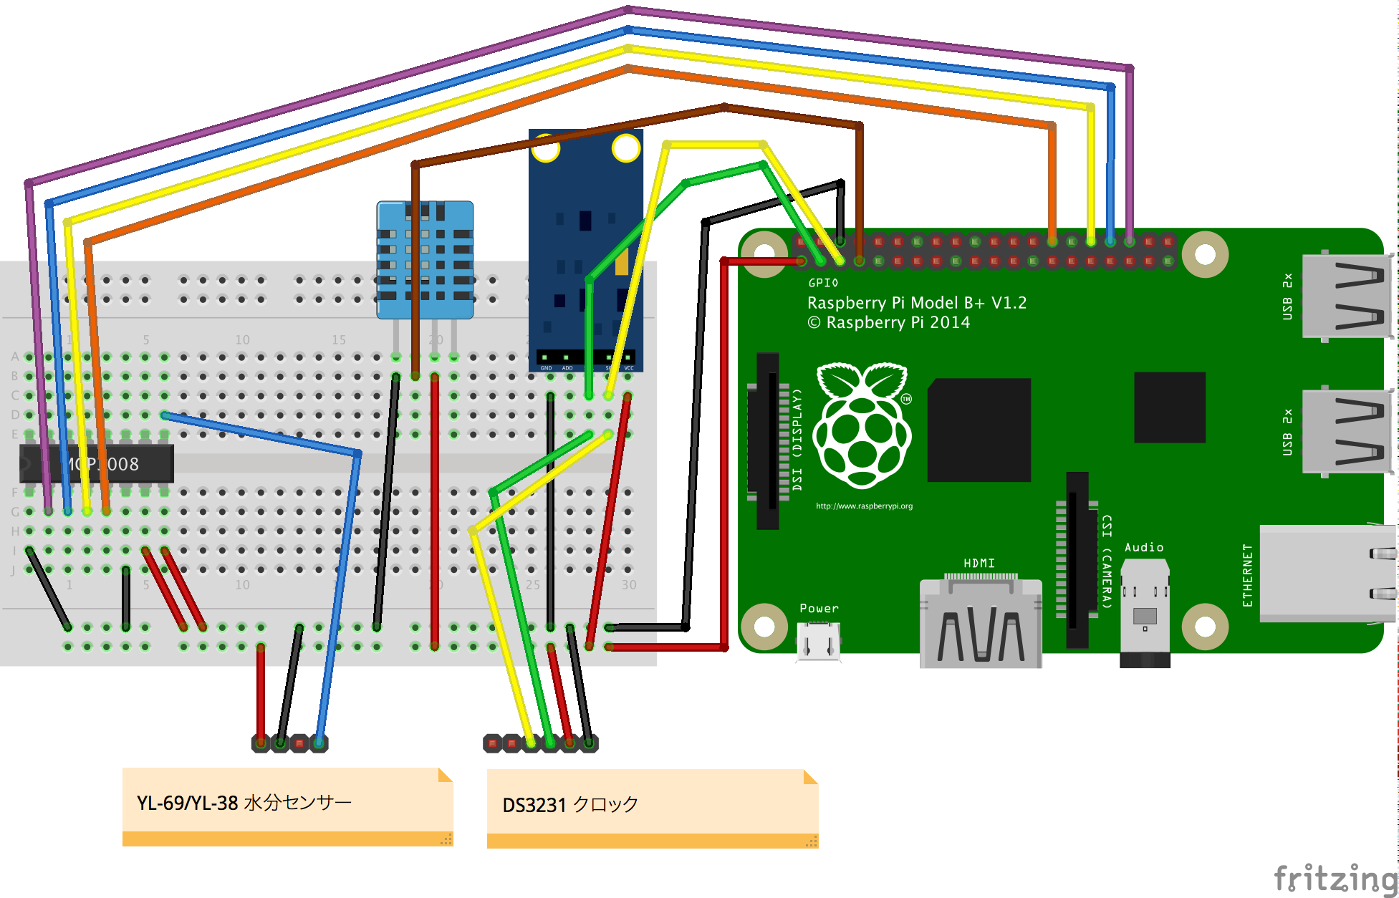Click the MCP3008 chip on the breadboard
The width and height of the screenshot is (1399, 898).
click(x=97, y=464)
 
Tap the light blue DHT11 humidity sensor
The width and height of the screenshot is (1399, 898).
click(x=425, y=260)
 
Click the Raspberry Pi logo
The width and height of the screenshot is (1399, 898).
click(x=862, y=425)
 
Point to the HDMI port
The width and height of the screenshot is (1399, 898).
click(x=981, y=623)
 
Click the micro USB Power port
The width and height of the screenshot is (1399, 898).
click(x=818, y=641)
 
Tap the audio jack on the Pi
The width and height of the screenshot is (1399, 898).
click(x=1145, y=612)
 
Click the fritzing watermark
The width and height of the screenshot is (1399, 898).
click(x=1335, y=878)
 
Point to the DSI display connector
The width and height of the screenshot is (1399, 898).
click(x=767, y=440)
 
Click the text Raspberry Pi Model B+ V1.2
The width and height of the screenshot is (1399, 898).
click(x=916, y=303)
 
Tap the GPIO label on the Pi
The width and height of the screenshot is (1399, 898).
click(x=823, y=283)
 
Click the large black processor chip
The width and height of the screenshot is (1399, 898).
click(x=979, y=430)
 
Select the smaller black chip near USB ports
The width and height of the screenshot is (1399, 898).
click(x=1169, y=407)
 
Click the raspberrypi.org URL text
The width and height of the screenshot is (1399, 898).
click(x=864, y=506)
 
